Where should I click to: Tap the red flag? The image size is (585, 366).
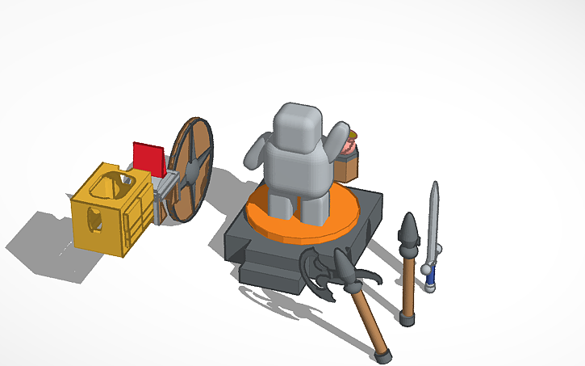tap(148, 158)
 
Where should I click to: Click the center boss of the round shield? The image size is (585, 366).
tap(192, 170)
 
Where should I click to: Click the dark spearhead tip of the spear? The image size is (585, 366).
tap(411, 229)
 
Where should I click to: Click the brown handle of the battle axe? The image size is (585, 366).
tap(367, 320)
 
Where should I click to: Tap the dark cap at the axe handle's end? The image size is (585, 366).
tap(382, 354)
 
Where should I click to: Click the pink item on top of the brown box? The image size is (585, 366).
tap(349, 146)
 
